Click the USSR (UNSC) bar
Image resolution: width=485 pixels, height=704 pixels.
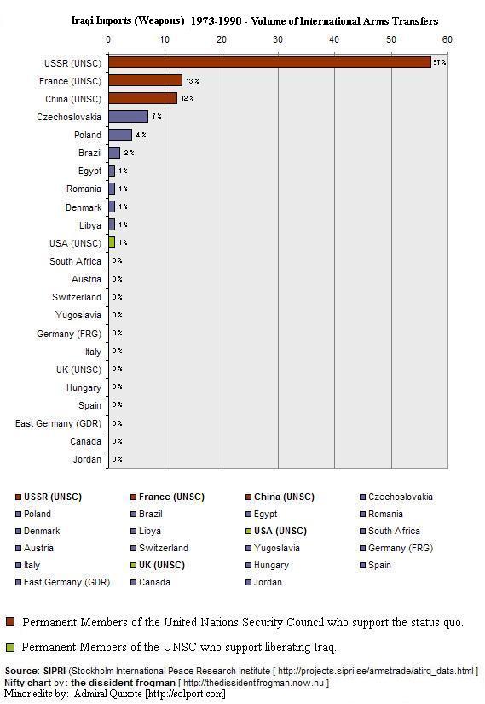[x=269, y=62]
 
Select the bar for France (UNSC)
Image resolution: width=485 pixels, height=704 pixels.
[x=145, y=80]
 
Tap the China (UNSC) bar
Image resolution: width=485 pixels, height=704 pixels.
[x=142, y=98]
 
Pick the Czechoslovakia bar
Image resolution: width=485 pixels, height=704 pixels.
[x=128, y=116]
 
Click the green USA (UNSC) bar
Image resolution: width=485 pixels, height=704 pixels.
[x=112, y=243]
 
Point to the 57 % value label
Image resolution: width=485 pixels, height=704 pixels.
[x=440, y=63]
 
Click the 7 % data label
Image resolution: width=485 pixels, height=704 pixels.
[x=157, y=117]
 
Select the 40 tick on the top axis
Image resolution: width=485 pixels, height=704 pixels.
[x=334, y=39]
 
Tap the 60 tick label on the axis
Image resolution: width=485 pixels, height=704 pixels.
[x=447, y=39]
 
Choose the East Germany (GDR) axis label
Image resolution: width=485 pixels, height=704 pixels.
[x=58, y=424]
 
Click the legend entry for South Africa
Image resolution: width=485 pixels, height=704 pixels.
[x=393, y=531]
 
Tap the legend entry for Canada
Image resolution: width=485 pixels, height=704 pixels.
[x=156, y=582]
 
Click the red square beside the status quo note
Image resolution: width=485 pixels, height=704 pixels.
[x=10, y=622]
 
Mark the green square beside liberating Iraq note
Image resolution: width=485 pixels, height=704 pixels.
[x=10, y=647]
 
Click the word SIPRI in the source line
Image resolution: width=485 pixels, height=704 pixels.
[x=54, y=672]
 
